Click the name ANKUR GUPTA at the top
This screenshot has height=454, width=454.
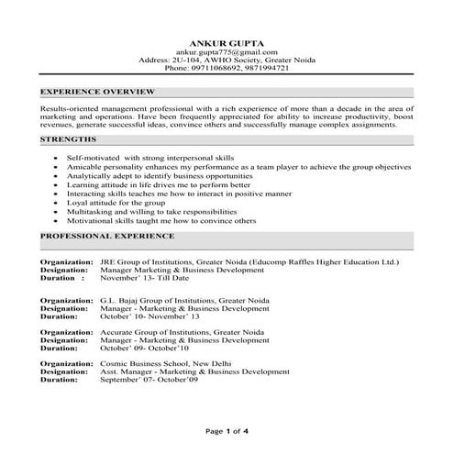pyautogui.click(x=226, y=43)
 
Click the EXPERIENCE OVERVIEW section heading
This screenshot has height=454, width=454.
pyautogui.click(x=98, y=93)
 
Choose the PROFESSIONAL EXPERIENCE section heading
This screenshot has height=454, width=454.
pyautogui.click(x=107, y=236)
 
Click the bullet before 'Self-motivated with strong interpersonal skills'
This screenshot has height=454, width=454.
pyautogui.click(x=58, y=158)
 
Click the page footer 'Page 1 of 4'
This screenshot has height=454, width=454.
pyautogui.click(x=227, y=430)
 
